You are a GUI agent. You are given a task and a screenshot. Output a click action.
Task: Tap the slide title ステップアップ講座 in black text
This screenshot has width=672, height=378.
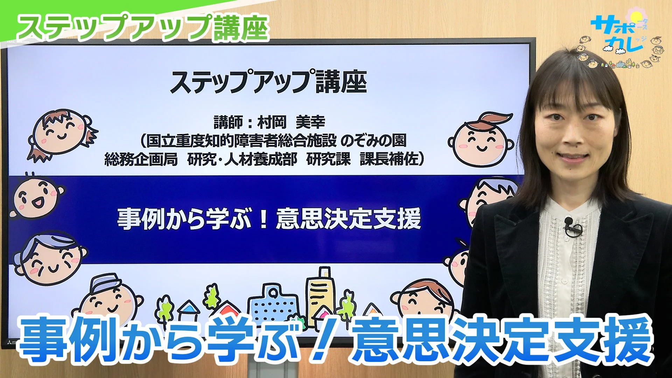click(x=268, y=82)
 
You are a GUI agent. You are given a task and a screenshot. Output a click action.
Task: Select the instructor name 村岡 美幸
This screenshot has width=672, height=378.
click(x=291, y=122)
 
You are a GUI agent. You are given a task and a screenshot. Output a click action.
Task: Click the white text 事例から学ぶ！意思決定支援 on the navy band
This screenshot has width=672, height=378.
click(x=269, y=219)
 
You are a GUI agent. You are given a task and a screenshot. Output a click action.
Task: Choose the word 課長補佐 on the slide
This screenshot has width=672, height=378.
click(x=389, y=159)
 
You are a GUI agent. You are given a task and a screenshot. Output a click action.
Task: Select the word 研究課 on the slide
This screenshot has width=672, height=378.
click(x=328, y=159)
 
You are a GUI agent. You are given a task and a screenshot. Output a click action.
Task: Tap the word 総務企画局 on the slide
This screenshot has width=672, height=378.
click(x=141, y=159)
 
